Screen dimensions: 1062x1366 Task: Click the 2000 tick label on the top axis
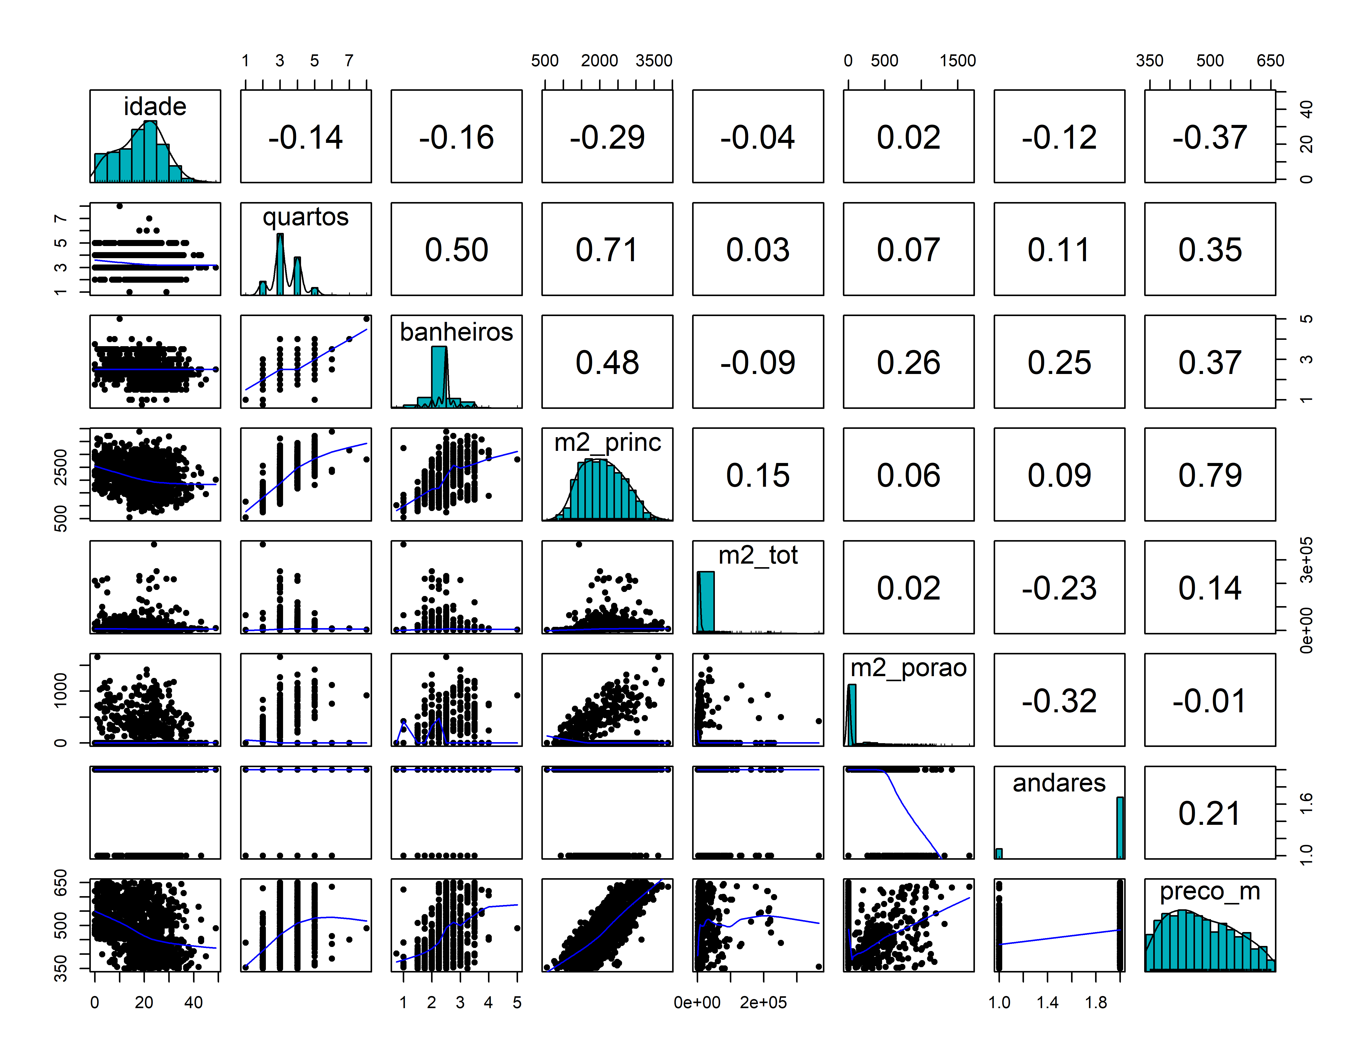[x=599, y=61]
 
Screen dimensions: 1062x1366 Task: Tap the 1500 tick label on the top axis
[x=957, y=61]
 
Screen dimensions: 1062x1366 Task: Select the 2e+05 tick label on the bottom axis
[x=763, y=1003]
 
